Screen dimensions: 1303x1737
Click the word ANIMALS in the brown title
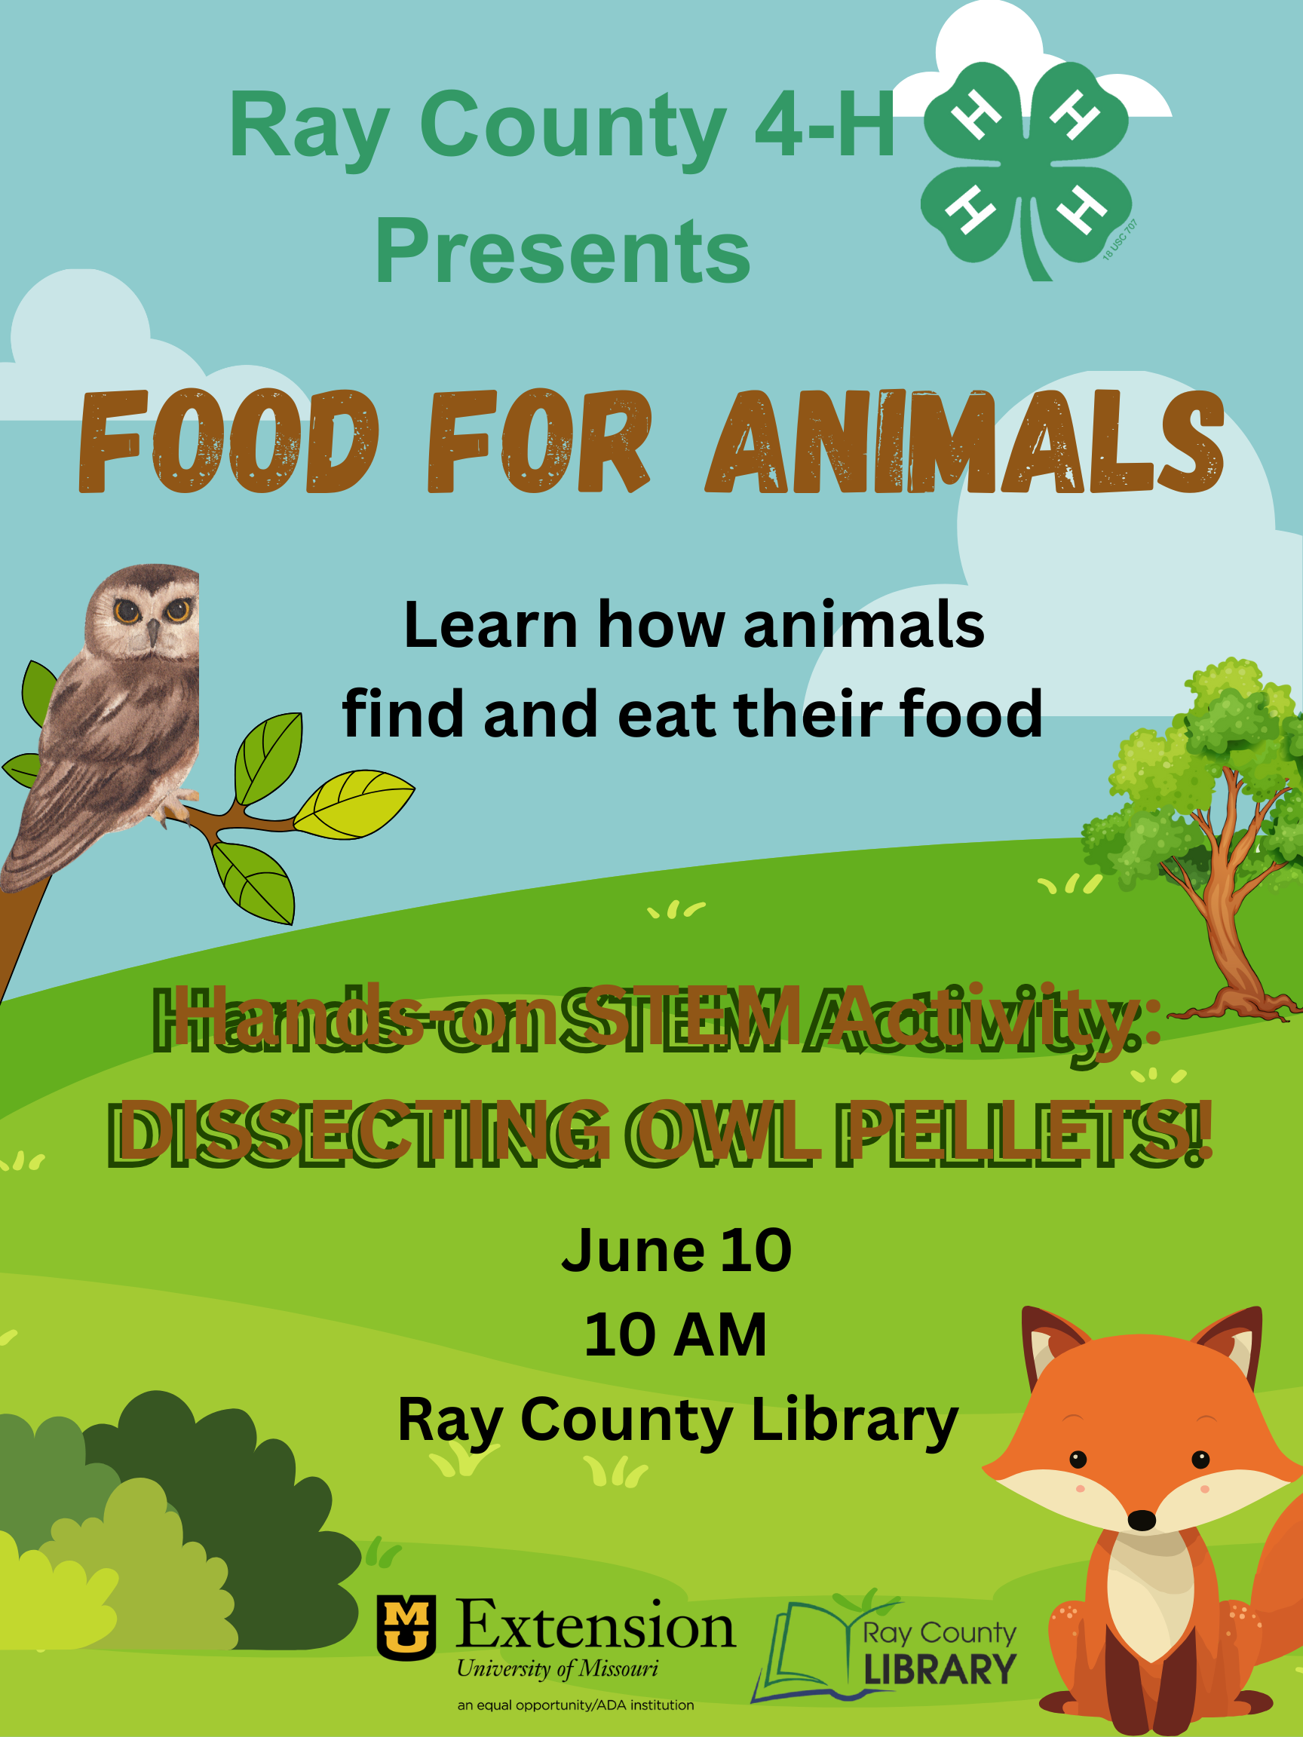(964, 442)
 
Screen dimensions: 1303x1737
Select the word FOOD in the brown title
(228, 442)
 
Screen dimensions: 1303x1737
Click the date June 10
(676, 1250)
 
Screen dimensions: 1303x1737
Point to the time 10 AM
(676, 1335)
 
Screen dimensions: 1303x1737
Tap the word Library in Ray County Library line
(854, 1422)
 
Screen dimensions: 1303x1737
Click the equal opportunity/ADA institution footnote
(575, 1705)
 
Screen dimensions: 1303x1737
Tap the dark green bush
(235, 1492)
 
